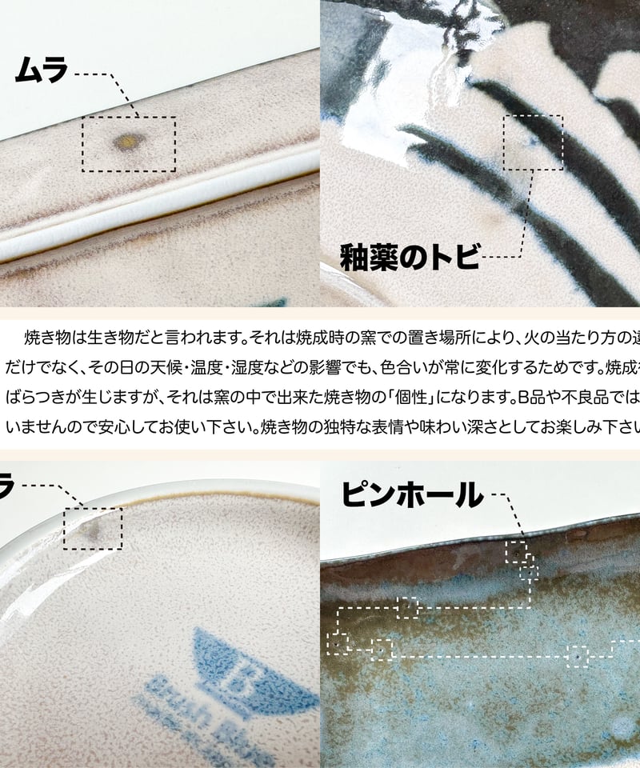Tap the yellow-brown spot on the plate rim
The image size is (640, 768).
126,142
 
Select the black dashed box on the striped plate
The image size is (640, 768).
533,142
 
